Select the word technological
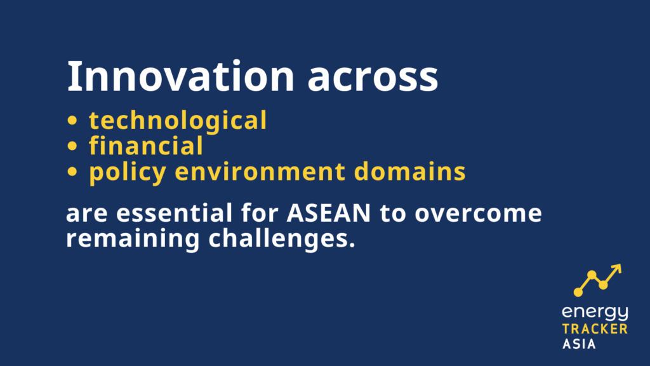point(178,121)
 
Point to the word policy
point(128,173)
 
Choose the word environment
point(260,172)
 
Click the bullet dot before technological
point(72,120)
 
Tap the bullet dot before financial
point(72,146)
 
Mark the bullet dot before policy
point(72,172)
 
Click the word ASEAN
point(329,213)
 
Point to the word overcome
point(479,214)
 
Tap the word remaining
point(133,240)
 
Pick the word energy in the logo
point(595,313)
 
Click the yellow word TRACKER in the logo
point(595,329)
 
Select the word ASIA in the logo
point(579,344)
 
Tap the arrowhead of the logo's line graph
point(617,269)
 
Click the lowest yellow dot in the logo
point(578,292)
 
